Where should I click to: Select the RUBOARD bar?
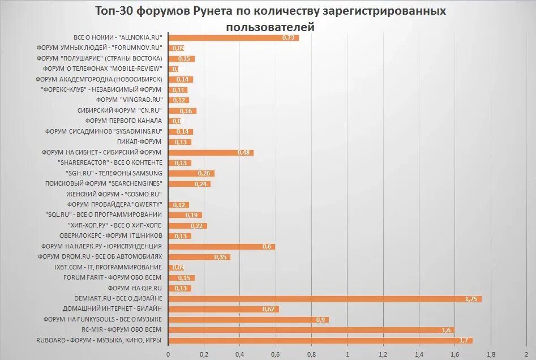pyautogui.click(x=320, y=340)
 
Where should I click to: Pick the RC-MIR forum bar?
pyautogui.click(x=311, y=329)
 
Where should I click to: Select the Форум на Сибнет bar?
pyautogui.click(x=211, y=152)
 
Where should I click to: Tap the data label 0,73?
pyautogui.click(x=289, y=38)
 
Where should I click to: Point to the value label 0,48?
pyautogui.click(x=244, y=153)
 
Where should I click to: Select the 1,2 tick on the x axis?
pyautogui.click(x=383, y=355)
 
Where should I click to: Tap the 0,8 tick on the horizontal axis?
pyautogui.click(x=311, y=355)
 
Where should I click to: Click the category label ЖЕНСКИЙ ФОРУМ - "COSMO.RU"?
pyautogui.click(x=114, y=194)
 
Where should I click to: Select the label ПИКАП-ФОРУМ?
pyautogui.click(x=139, y=142)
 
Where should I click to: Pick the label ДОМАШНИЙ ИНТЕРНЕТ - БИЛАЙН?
pyautogui.click(x=112, y=308)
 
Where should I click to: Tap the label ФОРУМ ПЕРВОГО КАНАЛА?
pyautogui.click(x=123, y=121)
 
